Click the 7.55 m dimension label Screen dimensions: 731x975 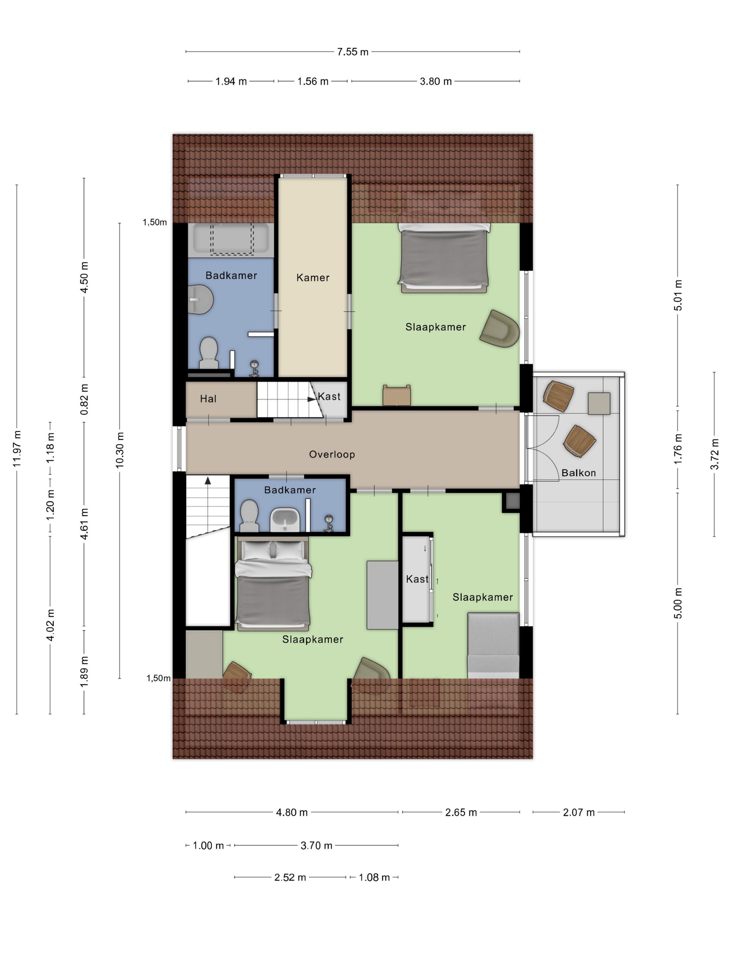[353, 52]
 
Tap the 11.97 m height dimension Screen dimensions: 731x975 [17, 449]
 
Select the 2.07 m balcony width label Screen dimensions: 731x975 [579, 812]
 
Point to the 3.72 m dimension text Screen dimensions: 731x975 [714, 454]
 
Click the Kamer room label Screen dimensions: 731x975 [313, 278]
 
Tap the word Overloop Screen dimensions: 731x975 [332, 454]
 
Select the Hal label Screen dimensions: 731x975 [208, 399]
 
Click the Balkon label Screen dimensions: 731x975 [579, 473]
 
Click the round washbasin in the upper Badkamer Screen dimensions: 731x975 [201, 299]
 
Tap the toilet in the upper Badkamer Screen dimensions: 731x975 [209, 353]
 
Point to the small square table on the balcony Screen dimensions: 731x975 [599, 404]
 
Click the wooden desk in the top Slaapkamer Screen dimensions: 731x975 [396, 395]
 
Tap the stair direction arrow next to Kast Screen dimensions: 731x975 [312, 399]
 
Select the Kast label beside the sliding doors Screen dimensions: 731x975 [417, 579]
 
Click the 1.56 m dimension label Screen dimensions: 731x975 [313, 81]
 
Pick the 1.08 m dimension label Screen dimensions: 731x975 [374, 877]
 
